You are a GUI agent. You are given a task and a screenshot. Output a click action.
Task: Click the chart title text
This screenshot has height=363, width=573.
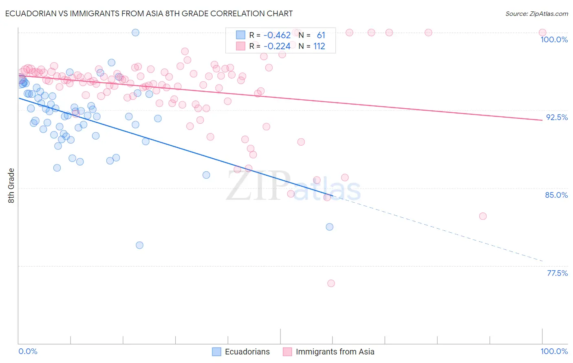[148, 13]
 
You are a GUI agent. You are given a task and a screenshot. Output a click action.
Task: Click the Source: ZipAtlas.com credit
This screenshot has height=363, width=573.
[536, 14]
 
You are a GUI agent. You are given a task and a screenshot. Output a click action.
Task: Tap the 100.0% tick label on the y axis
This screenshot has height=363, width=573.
[554, 39]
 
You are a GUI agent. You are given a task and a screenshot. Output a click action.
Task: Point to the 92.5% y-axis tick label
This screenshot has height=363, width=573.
[557, 117]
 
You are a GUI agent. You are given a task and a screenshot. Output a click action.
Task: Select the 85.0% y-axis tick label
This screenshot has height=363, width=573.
[556, 195]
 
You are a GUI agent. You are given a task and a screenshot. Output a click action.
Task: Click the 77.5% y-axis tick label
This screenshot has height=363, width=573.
[557, 273]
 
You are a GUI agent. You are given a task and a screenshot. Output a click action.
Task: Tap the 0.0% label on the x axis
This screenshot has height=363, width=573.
[28, 351]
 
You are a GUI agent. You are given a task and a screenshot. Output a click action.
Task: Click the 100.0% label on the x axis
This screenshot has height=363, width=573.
[554, 351]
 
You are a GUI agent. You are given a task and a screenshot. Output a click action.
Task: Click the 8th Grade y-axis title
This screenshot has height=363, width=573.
[11, 186]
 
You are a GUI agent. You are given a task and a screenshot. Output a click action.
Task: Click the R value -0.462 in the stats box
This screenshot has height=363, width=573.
[277, 35]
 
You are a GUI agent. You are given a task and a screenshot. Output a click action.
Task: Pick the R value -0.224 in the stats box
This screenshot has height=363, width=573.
[277, 46]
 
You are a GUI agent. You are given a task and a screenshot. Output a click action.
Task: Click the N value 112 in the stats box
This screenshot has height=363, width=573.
[319, 46]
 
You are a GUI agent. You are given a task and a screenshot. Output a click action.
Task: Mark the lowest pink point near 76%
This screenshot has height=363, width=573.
[331, 283]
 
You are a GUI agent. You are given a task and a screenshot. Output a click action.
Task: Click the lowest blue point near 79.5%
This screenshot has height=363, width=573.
[139, 245]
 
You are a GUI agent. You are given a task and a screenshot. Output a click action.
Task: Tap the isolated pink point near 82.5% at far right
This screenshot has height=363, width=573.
[483, 216]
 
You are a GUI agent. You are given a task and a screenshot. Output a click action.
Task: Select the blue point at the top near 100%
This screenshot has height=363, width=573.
[136, 33]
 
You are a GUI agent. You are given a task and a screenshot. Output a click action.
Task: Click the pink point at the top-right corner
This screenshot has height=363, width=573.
[542, 33]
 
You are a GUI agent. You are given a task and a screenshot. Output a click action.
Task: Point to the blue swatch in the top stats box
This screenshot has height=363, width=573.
[240, 35]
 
